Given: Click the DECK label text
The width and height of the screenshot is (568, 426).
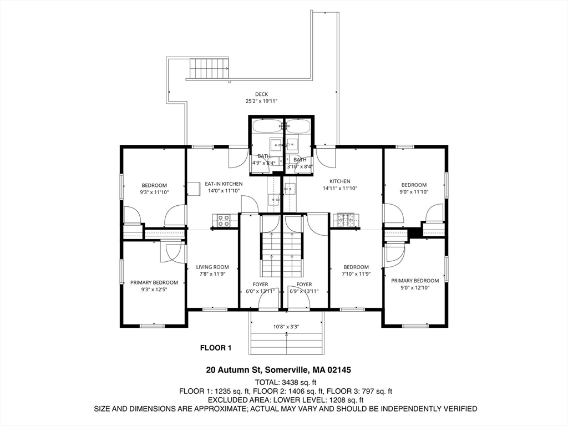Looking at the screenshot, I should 261,94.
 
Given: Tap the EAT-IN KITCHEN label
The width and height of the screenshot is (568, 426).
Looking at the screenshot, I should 224,184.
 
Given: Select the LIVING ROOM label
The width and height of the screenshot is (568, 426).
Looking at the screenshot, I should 212,267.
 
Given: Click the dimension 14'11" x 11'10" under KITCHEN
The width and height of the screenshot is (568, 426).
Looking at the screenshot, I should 340,189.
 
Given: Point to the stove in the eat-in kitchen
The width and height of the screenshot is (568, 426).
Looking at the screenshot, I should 224,221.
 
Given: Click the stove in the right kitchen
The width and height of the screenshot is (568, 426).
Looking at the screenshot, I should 345,220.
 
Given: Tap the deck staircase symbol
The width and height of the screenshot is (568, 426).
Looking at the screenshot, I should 209,69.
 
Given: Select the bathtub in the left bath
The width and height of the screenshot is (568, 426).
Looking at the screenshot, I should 267,126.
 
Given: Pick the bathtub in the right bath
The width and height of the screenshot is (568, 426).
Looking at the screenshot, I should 298,126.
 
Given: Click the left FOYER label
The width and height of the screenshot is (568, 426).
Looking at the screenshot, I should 260,285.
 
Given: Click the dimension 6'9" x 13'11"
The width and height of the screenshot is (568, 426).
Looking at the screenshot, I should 304,291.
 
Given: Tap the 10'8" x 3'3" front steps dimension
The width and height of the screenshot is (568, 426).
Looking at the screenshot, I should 286,327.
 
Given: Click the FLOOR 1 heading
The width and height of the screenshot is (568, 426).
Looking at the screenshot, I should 215,348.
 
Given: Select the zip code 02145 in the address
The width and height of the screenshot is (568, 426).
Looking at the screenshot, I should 339,370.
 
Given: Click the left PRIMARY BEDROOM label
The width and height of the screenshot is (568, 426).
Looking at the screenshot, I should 154,282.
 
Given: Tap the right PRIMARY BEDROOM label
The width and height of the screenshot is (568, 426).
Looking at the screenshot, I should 415,281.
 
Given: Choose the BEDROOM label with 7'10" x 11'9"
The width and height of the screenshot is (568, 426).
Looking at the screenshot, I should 356,267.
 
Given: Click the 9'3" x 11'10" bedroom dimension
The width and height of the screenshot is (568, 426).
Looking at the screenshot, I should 154,192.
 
